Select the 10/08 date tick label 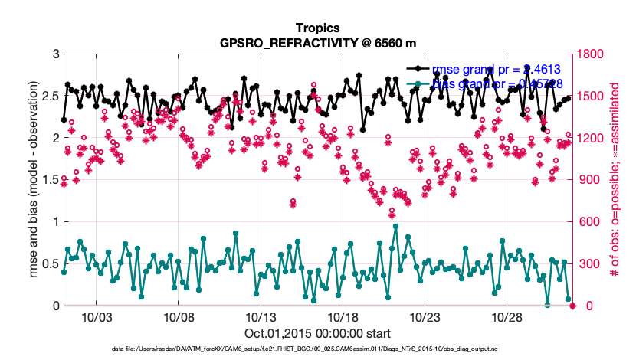coord(178,316)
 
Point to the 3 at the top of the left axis coord(55,54)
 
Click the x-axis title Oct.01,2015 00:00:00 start coord(318,333)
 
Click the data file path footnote coord(318,350)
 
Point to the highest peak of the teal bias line coord(395,226)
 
